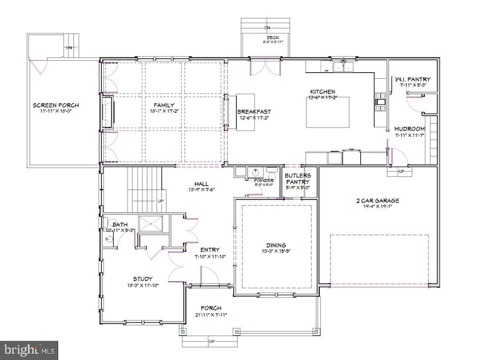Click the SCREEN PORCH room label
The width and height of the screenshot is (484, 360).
tap(53, 105)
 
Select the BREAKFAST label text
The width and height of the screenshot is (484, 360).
tap(254, 112)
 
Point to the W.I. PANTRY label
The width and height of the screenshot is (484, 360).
tap(408, 79)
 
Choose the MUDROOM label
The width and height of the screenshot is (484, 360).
tap(410, 129)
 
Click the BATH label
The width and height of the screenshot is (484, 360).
tap(120, 225)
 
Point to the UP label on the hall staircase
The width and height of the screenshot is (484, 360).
tap(161, 201)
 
